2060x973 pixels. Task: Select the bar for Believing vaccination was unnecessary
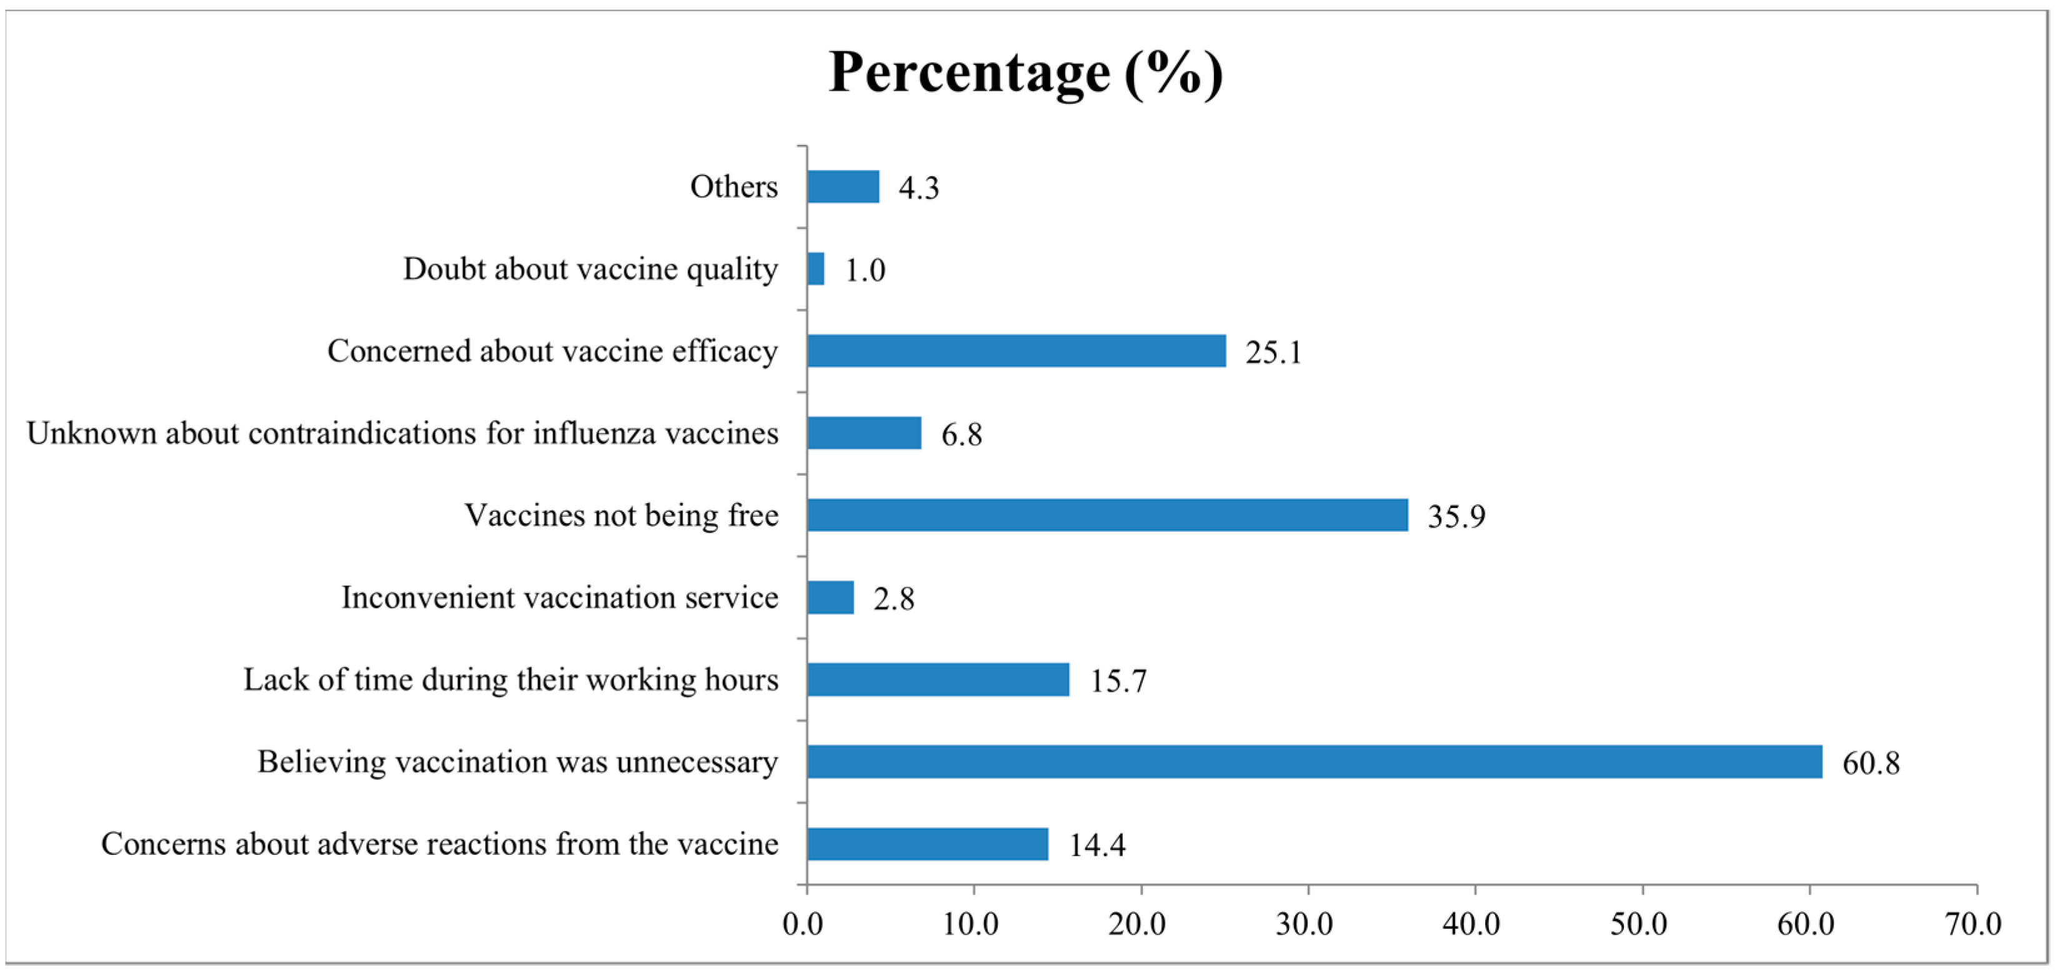pos(1314,761)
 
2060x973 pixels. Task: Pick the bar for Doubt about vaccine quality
pos(815,269)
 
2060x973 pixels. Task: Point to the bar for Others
pos(843,186)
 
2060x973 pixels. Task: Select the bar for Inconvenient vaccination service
pos(830,597)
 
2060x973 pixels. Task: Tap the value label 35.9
pos(1456,516)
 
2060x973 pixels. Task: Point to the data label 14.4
pos(1097,845)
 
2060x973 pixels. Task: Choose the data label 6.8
pos(961,434)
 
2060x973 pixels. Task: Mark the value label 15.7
pos(1118,681)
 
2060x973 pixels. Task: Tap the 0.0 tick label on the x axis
pos(803,924)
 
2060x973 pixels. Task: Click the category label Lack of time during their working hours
pos(510,679)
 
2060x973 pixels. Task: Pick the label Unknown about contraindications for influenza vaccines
pos(402,433)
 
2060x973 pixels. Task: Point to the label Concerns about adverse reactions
pos(439,844)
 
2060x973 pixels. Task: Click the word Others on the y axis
pos(734,186)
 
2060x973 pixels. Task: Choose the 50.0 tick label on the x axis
pos(1638,924)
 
